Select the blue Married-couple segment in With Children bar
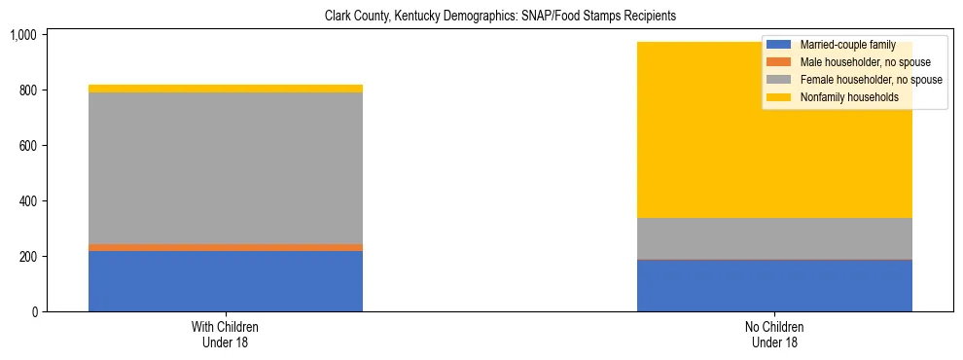click(x=225, y=281)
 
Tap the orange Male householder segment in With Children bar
click(x=225, y=247)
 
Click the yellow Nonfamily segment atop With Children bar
click(x=225, y=89)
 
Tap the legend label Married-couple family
click(x=847, y=45)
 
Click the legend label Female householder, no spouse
click(x=871, y=80)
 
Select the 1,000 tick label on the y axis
click(x=22, y=35)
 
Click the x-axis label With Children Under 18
click(x=225, y=335)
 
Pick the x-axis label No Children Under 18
click(x=774, y=335)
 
